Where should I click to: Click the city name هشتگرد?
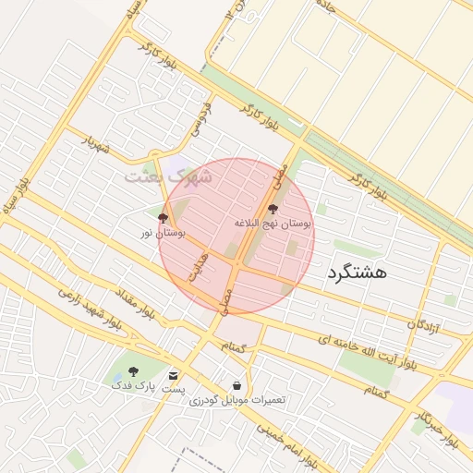pos(357,273)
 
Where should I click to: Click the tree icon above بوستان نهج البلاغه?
pos(273,210)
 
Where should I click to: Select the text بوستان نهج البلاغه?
pos(273,224)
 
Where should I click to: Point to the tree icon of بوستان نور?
pos(163,219)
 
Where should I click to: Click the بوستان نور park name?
pos(163,233)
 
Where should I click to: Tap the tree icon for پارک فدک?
pos(133,371)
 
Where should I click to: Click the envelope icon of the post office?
pos(174,375)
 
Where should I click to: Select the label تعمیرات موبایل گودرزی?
pos(237,399)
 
